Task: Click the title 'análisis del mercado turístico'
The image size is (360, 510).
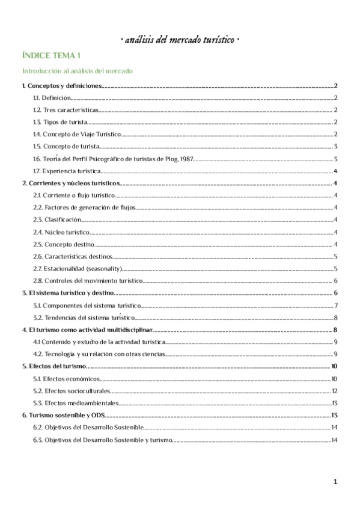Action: pos(180,40)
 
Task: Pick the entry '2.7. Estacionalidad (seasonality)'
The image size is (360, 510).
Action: pos(78,269)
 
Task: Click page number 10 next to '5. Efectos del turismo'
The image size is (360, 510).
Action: pos(334,366)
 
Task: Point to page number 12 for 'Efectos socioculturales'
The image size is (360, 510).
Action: pos(334,391)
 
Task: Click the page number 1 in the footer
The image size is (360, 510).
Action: pos(335,482)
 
